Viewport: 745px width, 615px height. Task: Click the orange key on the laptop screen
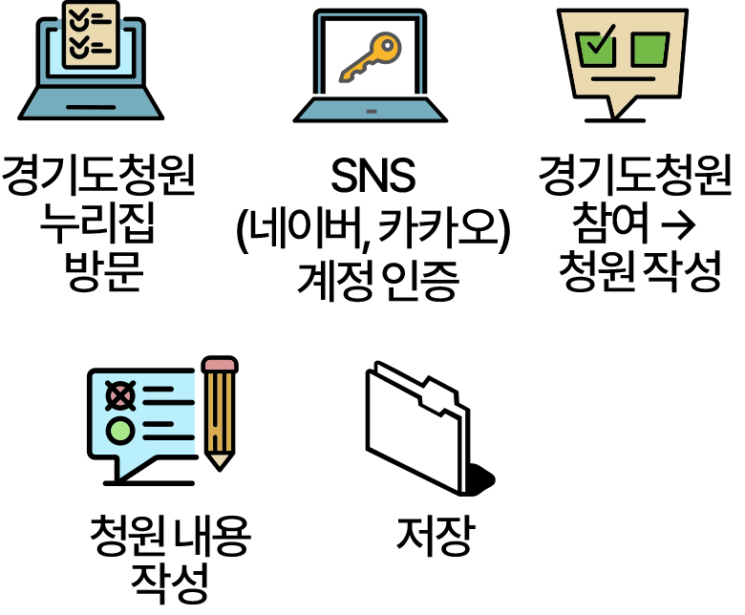pyautogui.click(x=371, y=57)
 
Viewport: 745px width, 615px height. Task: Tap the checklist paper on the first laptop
pyautogui.click(x=91, y=34)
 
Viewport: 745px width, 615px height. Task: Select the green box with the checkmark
pyautogui.click(x=596, y=48)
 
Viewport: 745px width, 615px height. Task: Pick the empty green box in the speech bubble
pyautogui.click(x=650, y=50)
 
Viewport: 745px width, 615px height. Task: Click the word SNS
pyautogui.click(x=372, y=176)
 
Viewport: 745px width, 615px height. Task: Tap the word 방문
pyautogui.click(x=104, y=271)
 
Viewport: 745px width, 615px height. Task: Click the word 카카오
pyautogui.click(x=436, y=229)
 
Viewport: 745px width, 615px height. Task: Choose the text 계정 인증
pyautogui.click(x=377, y=280)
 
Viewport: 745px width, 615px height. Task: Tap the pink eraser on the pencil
pyautogui.click(x=220, y=364)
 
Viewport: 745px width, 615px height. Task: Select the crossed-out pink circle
pyautogui.click(x=120, y=395)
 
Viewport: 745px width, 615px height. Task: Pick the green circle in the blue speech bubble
pyautogui.click(x=119, y=431)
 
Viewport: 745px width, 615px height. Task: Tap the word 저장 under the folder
pyautogui.click(x=436, y=536)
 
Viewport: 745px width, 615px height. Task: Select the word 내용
pyautogui.click(x=211, y=536)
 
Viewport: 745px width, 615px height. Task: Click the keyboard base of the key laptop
pyautogui.click(x=371, y=110)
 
